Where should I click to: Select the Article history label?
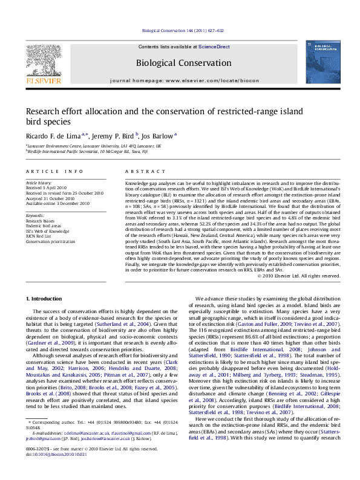(38, 181)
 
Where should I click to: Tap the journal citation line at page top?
(179, 30)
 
